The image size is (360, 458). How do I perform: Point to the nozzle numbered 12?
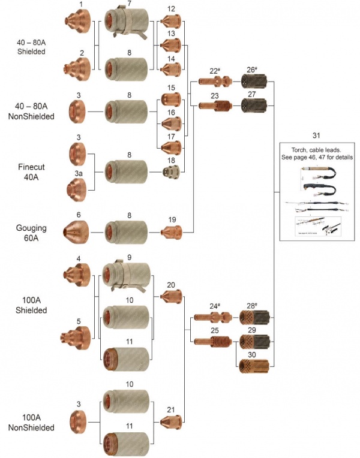pos(172,22)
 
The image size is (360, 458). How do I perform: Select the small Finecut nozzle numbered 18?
pos(172,171)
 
